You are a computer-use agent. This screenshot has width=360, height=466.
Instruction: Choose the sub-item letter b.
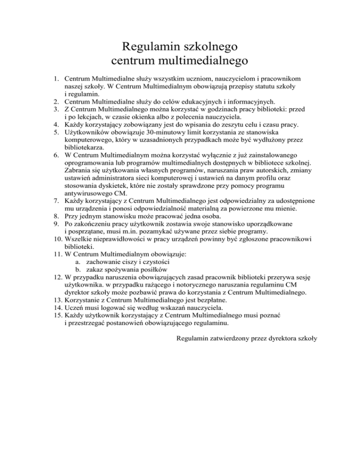[x=77, y=276]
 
